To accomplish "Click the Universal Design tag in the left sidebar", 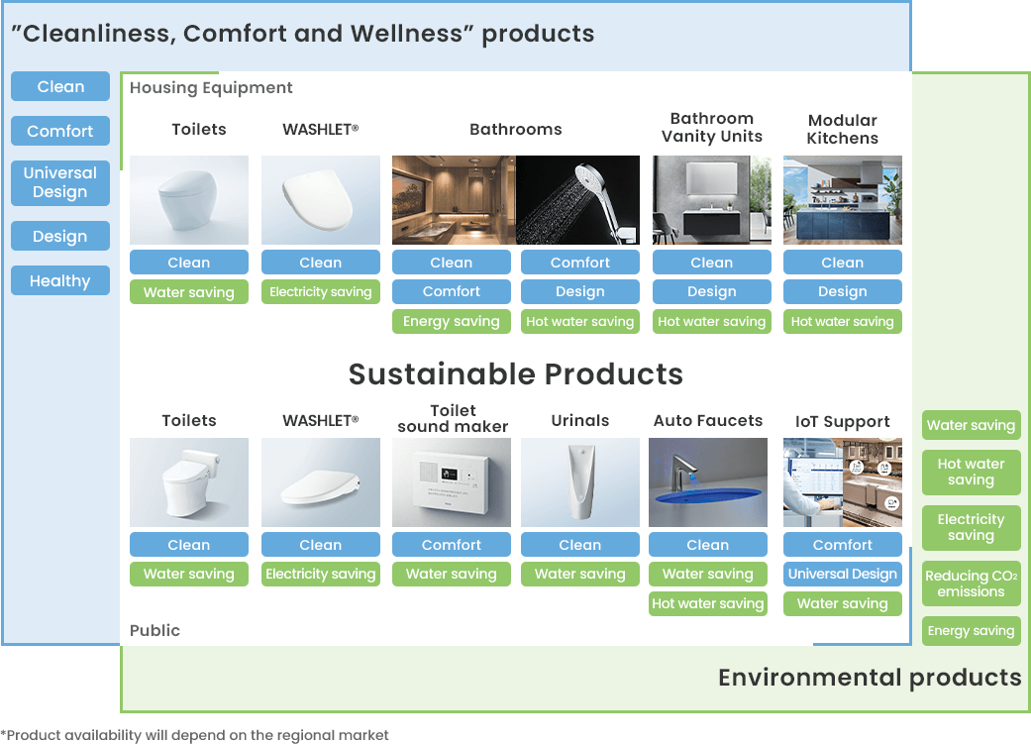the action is pos(60,182).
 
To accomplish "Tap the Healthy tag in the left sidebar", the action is pos(60,281).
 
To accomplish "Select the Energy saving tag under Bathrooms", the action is pos(451,321).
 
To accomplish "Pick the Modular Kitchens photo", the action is pos(842,200).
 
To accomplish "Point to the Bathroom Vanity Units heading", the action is pos(712,128).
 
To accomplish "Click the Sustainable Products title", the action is pos(515,373).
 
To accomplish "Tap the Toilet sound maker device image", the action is pos(451,482).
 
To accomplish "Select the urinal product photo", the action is pos(580,482).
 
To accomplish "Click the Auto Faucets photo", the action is pos(708,482).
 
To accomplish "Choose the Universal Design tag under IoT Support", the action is pos(842,574).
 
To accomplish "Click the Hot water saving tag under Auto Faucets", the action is pos(708,603).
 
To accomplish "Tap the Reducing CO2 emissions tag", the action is pos(972,584).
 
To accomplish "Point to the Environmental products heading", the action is pos(870,678).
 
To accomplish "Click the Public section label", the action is pos(155,630).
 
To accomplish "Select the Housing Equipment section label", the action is pos(211,88).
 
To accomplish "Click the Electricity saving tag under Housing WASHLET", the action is pos(321,291).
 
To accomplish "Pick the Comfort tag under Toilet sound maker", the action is pos(451,545).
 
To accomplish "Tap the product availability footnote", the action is pos(195,735).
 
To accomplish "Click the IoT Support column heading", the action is pos(842,422).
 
